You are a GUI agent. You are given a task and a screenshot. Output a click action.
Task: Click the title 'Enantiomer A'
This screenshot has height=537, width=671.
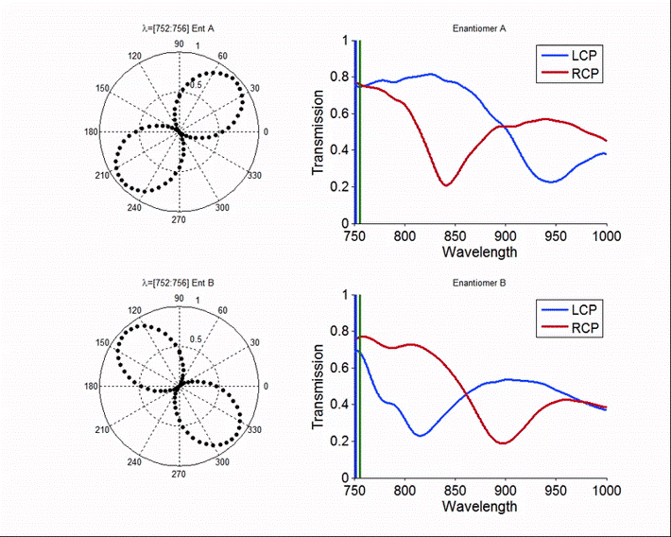[x=479, y=28]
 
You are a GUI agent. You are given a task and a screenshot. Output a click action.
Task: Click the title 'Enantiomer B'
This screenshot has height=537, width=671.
[x=479, y=282]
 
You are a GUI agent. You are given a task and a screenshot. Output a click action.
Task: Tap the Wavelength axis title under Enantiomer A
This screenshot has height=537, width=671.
[x=479, y=252]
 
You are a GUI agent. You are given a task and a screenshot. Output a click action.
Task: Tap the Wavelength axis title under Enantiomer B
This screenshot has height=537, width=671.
[x=479, y=506]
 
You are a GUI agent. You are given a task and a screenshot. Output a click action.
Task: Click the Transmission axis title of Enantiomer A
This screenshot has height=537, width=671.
[x=319, y=132]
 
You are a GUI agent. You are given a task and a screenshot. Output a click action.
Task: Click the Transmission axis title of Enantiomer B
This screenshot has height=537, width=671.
[x=319, y=386]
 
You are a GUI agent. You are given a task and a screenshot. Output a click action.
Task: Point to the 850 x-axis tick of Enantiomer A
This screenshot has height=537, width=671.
[x=456, y=235]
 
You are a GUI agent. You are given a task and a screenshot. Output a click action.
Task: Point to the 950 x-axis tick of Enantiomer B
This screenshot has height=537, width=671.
[x=556, y=489]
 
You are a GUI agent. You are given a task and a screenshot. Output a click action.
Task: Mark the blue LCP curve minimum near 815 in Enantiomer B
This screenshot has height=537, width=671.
[x=421, y=435]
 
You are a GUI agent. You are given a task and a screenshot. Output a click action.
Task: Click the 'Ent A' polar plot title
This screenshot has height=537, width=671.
[x=179, y=28]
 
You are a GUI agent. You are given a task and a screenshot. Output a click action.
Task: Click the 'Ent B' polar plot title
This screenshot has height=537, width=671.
[x=179, y=282]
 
